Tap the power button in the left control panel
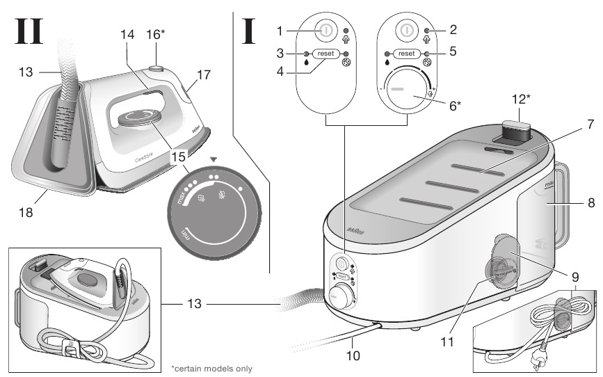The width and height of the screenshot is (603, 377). pyautogui.click(x=325, y=31)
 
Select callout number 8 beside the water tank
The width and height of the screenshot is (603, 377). pyautogui.click(x=590, y=204)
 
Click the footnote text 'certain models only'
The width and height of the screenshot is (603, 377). pyautogui.click(x=211, y=368)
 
